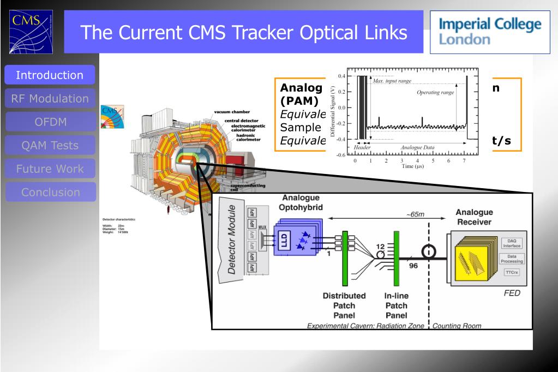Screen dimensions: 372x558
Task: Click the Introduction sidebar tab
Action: coord(50,75)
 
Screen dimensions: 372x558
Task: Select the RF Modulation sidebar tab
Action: coord(50,99)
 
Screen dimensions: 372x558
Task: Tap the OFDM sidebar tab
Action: coord(50,122)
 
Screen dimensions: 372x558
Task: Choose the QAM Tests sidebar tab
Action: coord(50,146)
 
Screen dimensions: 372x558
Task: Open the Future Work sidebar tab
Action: coord(50,169)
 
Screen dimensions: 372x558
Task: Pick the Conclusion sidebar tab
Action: coord(50,193)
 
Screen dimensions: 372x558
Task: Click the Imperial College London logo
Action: coord(489,32)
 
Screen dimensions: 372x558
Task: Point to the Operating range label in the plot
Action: coord(435,93)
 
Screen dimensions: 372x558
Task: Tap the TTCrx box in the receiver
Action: coord(511,272)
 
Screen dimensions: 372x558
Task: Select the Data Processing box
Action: coord(511,258)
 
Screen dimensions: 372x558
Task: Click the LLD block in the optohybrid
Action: coord(284,241)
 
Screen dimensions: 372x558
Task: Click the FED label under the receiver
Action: coord(512,293)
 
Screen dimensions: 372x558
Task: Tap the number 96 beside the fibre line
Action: coord(413,266)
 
